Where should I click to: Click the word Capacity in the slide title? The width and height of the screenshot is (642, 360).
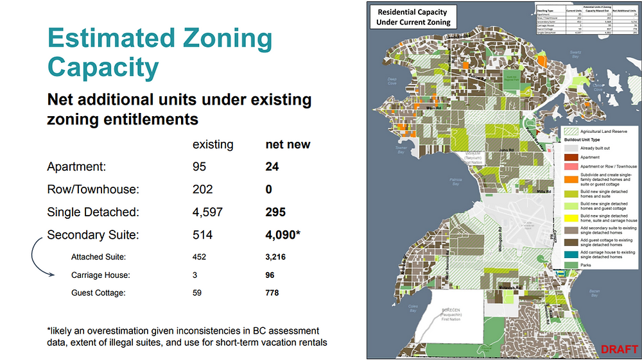pyautogui.click(x=103, y=67)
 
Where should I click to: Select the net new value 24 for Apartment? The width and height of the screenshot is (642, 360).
pyautogui.click(x=273, y=167)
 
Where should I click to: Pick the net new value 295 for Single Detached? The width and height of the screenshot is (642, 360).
pyautogui.click(x=276, y=212)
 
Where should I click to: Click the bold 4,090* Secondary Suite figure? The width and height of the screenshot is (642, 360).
pyautogui.click(x=283, y=235)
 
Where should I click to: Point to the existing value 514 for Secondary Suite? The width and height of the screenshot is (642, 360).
pyautogui.click(x=204, y=235)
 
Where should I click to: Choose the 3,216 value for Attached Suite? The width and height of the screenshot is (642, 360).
pyautogui.click(x=275, y=257)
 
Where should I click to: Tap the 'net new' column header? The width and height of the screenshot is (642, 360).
pyautogui.click(x=288, y=144)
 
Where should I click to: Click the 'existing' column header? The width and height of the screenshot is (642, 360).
pyautogui.click(x=213, y=144)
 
